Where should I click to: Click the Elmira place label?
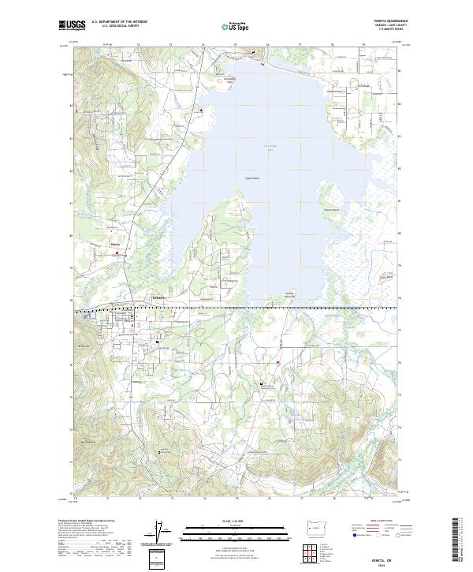(x=116, y=245)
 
